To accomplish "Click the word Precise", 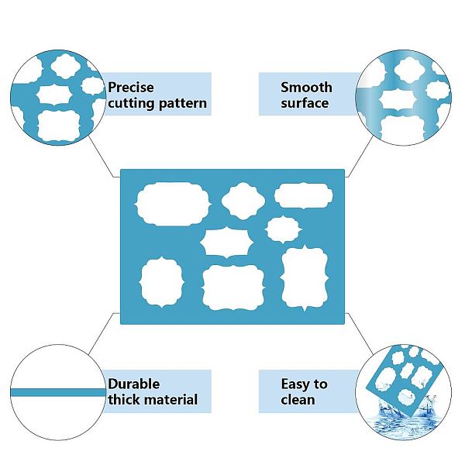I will tap(132, 88).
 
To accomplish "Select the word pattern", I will tap(183, 103).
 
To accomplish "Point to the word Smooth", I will tap(306, 88).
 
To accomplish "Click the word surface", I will tap(305, 103).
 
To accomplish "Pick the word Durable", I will tap(134, 384).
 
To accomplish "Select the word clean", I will tap(298, 400).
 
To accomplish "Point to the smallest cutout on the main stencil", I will tap(282, 228).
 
